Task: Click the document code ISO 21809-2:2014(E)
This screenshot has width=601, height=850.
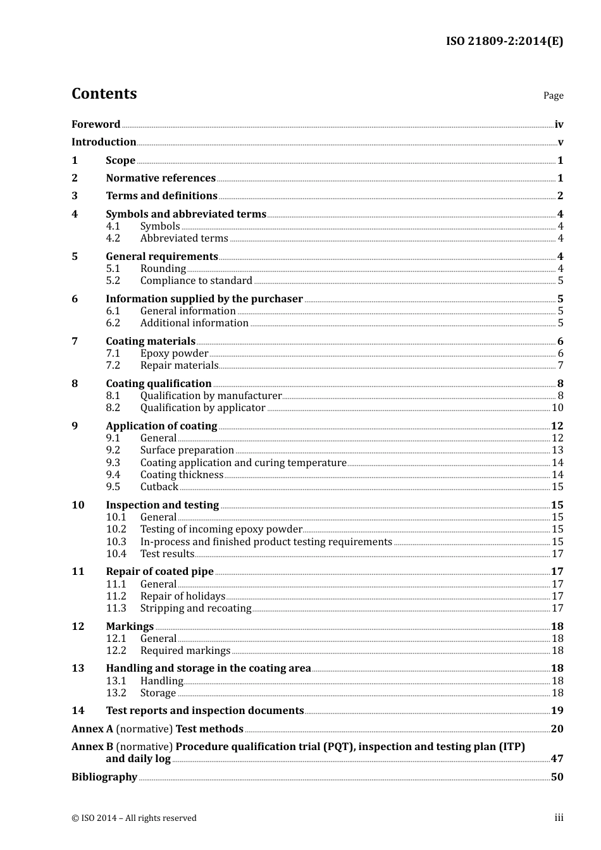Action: (x=504, y=41)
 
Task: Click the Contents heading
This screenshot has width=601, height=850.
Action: (x=104, y=94)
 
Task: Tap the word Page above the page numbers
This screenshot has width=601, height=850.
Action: (x=553, y=95)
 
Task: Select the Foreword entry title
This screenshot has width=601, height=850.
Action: (x=96, y=125)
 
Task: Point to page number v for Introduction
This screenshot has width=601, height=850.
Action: (x=560, y=142)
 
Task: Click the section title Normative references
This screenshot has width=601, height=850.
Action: (x=161, y=178)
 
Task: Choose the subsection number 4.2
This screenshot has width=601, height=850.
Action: (x=113, y=238)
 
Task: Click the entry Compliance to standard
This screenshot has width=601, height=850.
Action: (x=196, y=281)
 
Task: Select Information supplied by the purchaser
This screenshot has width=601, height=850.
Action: (x=204, y=299)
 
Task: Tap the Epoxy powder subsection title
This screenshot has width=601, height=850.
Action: (x=174, y=354)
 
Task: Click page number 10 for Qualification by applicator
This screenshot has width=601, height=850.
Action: (x=557, y=408)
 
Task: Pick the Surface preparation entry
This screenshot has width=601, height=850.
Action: (x=187, y=450)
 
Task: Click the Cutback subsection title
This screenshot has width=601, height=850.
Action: (x=159, y=487)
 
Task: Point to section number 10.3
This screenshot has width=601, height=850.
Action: (x=116, y=542)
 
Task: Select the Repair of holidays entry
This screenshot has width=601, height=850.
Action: (x=182, y=596)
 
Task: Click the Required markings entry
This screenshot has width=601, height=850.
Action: (x=185, y=651)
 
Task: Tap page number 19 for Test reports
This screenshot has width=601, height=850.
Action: (x=557, y=711)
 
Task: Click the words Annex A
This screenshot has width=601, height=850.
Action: (x=92, y=729)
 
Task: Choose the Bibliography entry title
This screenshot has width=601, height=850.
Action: (x=104, y=777)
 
